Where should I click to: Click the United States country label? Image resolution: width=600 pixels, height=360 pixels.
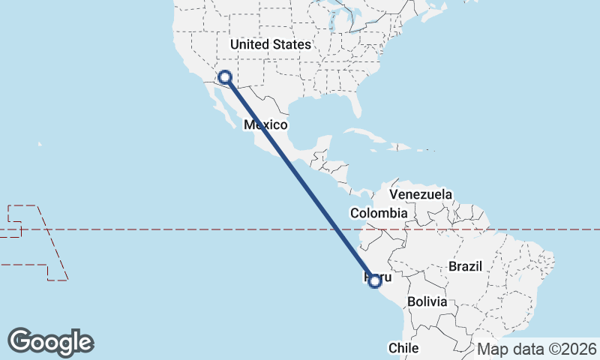click(270, 44)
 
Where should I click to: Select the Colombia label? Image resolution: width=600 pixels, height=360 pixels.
click(379, 214)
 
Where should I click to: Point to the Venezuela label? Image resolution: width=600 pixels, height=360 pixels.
click(421, 194)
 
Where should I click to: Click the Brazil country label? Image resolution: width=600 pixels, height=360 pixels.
click(466, 265)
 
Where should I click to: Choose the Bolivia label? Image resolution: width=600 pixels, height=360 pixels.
click(427, 301)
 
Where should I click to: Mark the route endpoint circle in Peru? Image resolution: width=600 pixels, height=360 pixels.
click(376, 280)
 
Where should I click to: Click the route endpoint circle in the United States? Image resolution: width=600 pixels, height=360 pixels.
click(224, 76)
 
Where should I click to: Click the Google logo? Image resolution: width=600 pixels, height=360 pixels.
click(51, 341)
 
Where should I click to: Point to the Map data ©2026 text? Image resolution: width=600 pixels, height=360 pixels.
click(537, 349)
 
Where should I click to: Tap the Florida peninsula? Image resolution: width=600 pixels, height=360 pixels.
click(359, 106)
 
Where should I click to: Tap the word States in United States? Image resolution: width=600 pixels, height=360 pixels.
click(291, 44)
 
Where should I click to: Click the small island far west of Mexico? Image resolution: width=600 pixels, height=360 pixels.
click(39, 144)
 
